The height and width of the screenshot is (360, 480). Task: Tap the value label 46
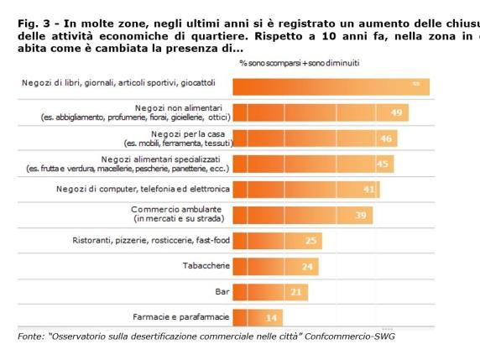[x=387, y=138]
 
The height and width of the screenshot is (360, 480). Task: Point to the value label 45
[x=383, y=164]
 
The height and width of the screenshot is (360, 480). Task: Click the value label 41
[x=369, y=189]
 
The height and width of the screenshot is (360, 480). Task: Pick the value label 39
[x=362, y=215]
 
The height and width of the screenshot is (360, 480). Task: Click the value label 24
[x=307, y=267]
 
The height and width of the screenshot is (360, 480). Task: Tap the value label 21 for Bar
[x=296, y=292]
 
